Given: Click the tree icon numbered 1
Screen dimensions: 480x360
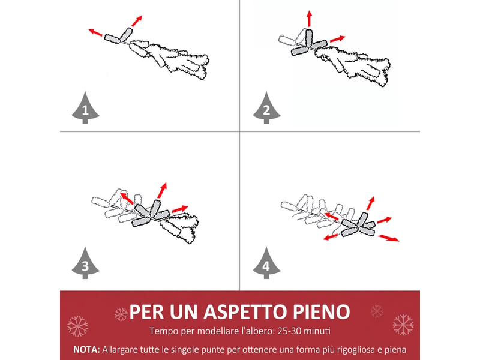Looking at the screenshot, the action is (x=85, y=108).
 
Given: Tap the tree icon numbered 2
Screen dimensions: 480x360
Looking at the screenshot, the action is (x=266, y=108).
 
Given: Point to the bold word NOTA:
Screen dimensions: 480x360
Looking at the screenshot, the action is (x=86, y=350).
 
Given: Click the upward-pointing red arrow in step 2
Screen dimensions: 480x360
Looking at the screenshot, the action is (x=310, y=19).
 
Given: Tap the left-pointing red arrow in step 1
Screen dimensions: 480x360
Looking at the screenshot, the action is (x=95, y=32).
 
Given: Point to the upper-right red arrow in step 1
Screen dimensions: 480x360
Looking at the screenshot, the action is (x=137, y=21).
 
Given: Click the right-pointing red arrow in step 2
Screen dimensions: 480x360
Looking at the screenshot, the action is (x=338, y=39).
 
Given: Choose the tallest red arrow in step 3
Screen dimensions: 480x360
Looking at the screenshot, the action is (x=162, y=190).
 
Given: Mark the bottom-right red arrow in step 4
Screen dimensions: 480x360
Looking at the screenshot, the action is (x=389, y=238).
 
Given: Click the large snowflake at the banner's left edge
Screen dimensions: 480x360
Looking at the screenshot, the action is (x=78, y=326).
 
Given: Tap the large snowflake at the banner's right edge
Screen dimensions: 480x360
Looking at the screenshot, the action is (x=403, y=325).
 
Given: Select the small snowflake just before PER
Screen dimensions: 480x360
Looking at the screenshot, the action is (x=121, y=314).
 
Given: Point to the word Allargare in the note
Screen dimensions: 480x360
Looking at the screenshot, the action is (x=119, y=350).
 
